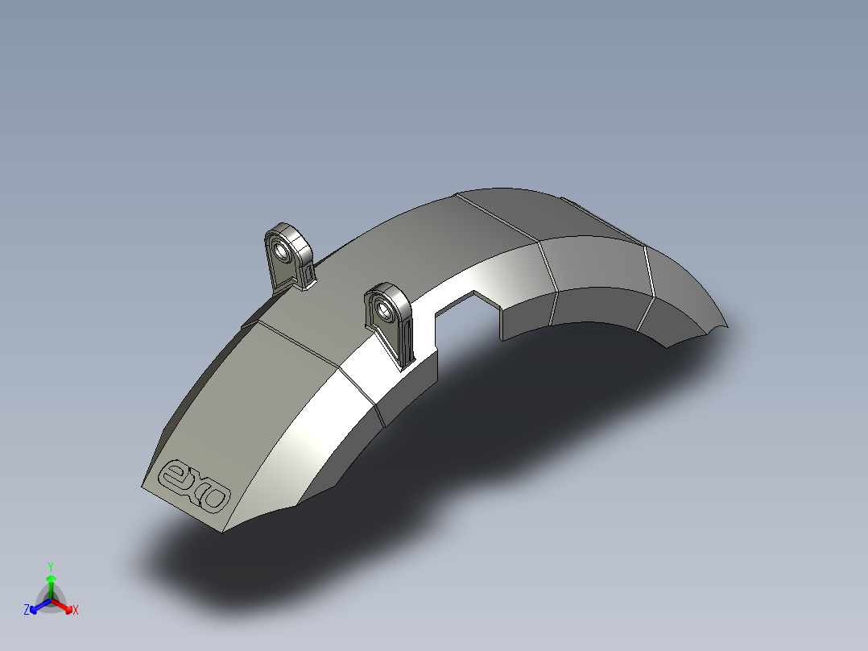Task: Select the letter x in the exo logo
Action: coord(196,486)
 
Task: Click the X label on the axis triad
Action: coord(76,611)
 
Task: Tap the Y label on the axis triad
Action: coord(51,566)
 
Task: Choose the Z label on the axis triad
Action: coord(27,610)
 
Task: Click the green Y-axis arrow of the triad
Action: coord(51,583)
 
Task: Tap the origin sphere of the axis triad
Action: coord(51,600)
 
